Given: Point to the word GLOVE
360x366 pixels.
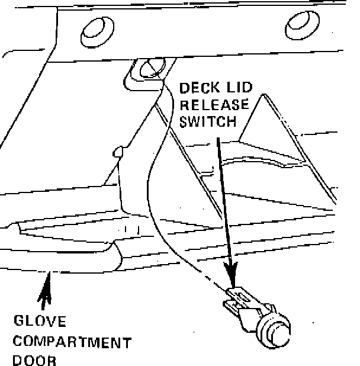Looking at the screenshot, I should pyautogui.click(x=40, y=322).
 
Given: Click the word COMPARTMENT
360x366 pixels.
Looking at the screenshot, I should pyautogui.click(x=72, y=342).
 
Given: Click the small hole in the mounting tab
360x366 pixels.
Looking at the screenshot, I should pyautogui.click(x=152, y=66).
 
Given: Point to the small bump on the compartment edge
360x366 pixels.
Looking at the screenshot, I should pyautogui.click(x=117, y=152).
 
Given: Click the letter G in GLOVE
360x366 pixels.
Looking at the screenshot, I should pyautogui.click(x=19, y=322).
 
